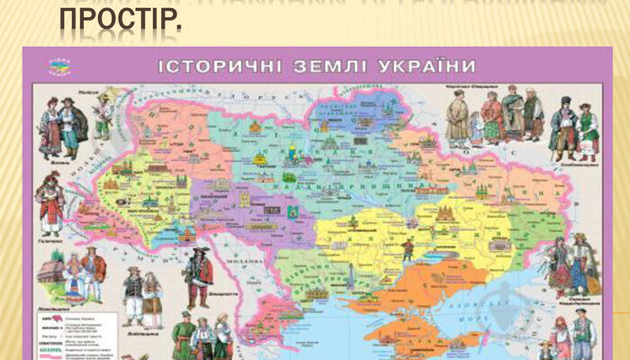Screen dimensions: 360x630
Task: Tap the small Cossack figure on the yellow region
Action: (x=407, y=250)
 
